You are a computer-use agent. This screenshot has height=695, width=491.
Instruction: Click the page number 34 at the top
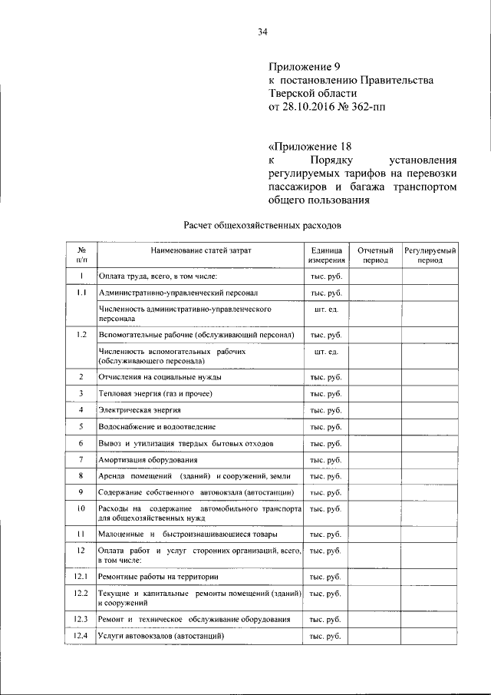click(x=262, y=31)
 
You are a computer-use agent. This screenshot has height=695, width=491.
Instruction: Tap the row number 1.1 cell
click(x=81, y=293)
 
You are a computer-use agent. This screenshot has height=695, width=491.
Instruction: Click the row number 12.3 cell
click(x=81, y=619)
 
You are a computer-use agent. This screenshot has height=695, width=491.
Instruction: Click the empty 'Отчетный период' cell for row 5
click(x=377, y=426)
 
